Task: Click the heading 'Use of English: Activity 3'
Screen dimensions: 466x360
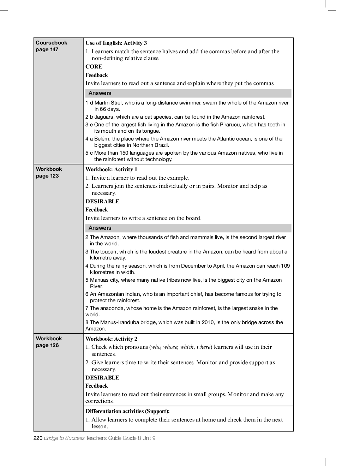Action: click(x=116, y=43)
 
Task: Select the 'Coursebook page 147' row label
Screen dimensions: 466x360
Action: click(x=51, y=46)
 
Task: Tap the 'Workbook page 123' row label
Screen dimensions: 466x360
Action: click(x=49, y=172)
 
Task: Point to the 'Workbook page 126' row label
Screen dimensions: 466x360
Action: click(x=49, y=342)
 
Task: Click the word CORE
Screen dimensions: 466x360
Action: click(x=94, y=67)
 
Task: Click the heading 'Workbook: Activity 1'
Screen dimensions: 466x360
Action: click(x=111, y=169)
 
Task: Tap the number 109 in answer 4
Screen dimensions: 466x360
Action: click(x=285, y=266)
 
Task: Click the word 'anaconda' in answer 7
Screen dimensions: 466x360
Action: click(x=112, y=308)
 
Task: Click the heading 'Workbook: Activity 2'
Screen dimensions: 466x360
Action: click(x=111, y=339)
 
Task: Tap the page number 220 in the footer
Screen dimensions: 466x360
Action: click(x=38, y=438)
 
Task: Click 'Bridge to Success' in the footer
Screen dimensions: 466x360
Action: click(x=64, y=438)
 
